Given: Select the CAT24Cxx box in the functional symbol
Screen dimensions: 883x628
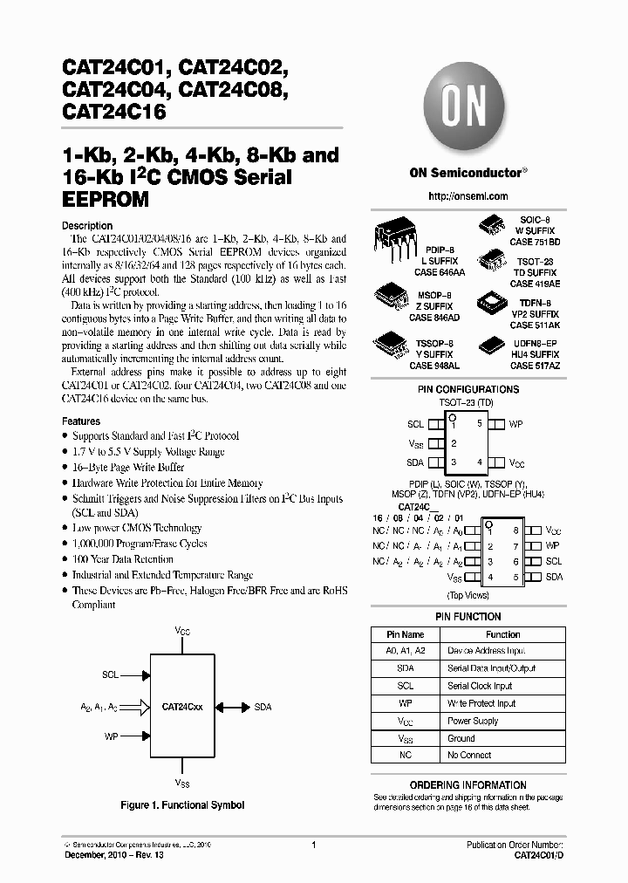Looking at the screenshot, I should (x=182, y=708).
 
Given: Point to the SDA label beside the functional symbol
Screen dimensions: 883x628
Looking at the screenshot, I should (x=263, y=708).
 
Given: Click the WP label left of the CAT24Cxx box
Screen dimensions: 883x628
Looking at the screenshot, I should (x=111, y=736).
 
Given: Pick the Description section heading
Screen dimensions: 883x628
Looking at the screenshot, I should (x=87, y=226).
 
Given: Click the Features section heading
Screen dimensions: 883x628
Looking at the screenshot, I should (x=81, y=421).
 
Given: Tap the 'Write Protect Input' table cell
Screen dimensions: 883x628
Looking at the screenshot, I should (x=481, y=703).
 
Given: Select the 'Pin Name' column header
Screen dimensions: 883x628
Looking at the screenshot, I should (x=405, y=634).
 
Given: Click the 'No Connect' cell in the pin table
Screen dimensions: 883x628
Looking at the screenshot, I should (x=469, y=755).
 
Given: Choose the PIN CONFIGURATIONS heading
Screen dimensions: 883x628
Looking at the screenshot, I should (x=468, y=389).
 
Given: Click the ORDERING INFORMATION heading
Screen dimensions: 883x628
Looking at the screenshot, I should (x=468, y=785).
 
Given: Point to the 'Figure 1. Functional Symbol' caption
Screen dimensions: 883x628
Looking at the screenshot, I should (x=182, y=805).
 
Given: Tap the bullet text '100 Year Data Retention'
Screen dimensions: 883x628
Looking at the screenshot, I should (x=126, y=559).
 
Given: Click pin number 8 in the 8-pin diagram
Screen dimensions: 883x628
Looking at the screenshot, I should (x=515, y=530).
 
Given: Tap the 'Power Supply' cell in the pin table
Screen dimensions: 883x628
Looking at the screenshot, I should (x=473, y=721).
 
